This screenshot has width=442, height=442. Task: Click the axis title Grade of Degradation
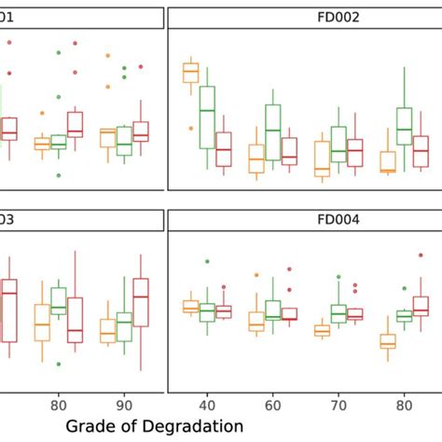click(155, 425)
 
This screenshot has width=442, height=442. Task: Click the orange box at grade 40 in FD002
click(190, 72)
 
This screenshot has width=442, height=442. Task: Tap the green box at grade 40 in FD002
click(207, 117)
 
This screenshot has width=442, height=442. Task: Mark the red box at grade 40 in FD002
click(224, 149)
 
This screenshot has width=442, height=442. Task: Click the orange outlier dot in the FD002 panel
click(190, 128)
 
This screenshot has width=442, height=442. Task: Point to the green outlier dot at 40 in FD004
click(207, 262)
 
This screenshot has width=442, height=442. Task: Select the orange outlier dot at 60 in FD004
click(256, 274)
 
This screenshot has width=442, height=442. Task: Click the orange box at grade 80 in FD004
click(388, 341)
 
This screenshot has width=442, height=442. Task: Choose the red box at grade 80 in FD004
click(421, 306)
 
